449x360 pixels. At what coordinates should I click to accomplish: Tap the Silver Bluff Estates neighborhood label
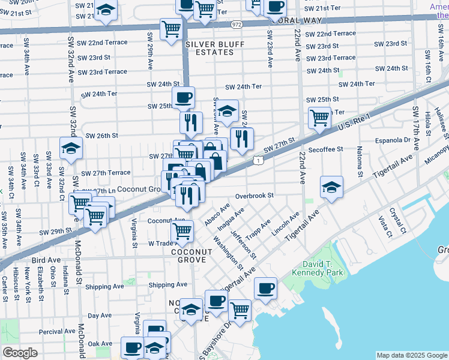(x=209, y=48)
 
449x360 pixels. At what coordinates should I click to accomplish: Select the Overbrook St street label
(x=254, y=196)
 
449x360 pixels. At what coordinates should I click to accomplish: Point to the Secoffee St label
(x=325, y=149)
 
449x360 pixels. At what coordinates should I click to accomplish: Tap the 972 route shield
(x=236, y=25)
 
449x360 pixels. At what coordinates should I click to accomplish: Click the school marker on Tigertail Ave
(x=331, y=187)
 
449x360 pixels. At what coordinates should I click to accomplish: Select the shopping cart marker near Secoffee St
(x=319, y=118)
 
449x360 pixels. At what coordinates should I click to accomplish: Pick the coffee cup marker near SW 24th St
(x=183, y=97)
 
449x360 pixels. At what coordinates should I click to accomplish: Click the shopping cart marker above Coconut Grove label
(x=181, y=230)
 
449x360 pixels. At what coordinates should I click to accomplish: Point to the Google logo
(x=20, y=353)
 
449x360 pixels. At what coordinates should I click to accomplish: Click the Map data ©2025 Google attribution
(x=411, y=355)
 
